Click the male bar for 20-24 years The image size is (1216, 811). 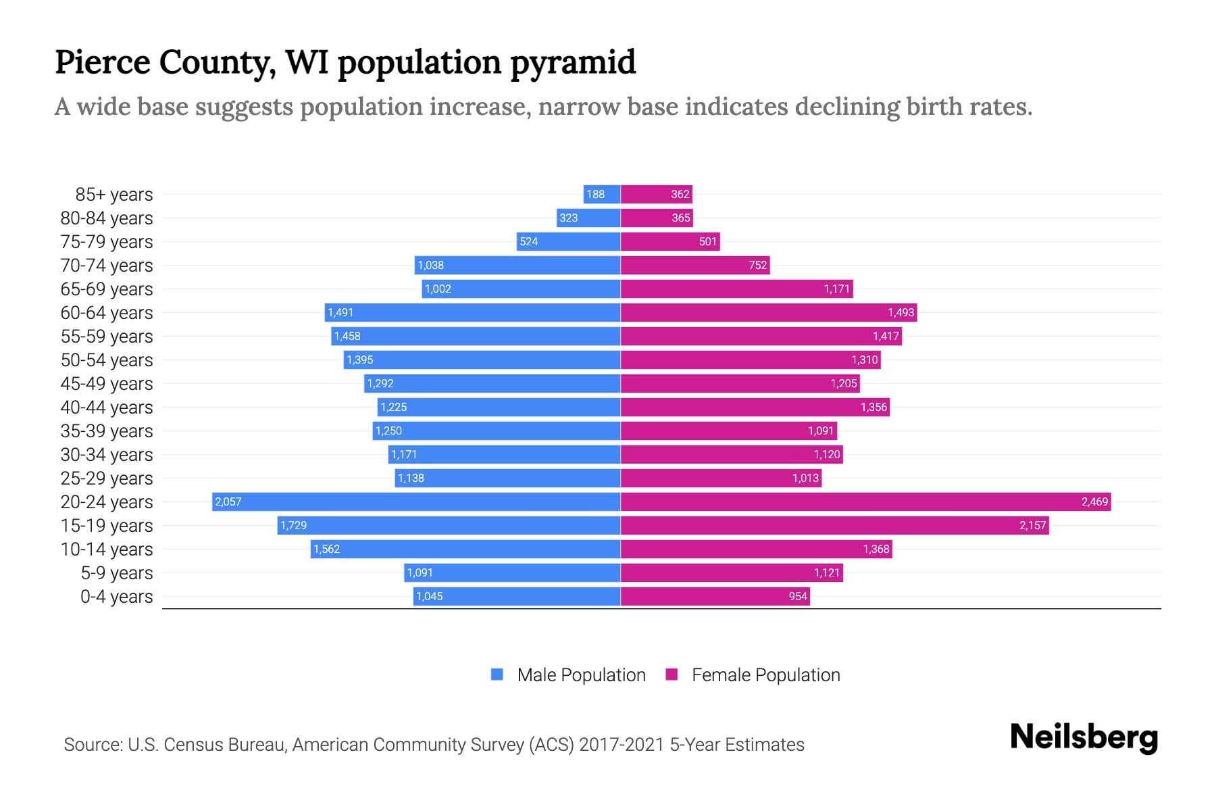point(416,501)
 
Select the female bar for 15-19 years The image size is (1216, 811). point(834,525)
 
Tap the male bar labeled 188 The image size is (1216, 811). point(602,194)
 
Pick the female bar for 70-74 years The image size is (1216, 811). point(695,265)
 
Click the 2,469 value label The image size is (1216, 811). point(1094,501)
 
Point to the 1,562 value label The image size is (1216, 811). point(327,549)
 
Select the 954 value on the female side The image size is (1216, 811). point(798,596)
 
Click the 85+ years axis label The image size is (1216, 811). point(114,195)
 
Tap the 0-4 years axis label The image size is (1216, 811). point(116,597)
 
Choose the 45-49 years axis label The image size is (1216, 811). point(107,384)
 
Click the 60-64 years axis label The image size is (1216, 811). point(107,313)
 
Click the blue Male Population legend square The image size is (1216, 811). point(497,674)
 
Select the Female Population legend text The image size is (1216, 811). point(765,675)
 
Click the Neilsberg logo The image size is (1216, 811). point(1084,737)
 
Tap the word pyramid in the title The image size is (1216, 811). point(573,63)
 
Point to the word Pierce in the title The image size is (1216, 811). point(103,63)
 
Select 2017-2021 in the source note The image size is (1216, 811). point(622,745)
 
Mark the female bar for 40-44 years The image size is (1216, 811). point(755,407)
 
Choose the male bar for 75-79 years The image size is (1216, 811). point(568,241)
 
